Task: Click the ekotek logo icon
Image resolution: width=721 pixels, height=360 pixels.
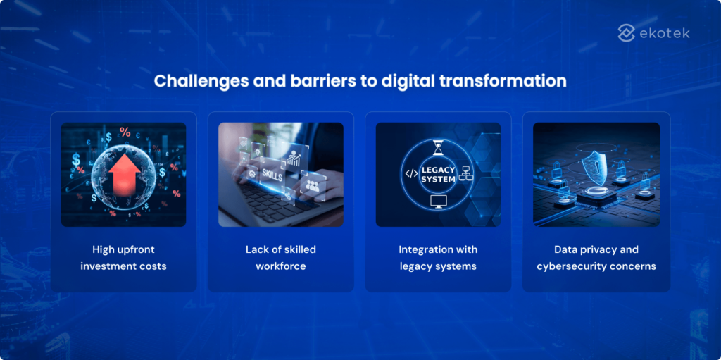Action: coord(627,32)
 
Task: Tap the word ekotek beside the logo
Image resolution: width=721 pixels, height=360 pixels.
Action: coord(665,33)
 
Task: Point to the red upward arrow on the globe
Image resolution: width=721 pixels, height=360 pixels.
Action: coord(124,174)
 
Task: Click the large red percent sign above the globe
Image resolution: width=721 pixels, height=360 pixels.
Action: coord(125,132)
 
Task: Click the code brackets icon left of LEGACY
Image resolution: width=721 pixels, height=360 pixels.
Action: coord(411,173)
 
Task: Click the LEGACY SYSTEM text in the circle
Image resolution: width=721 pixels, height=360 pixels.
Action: coord(438,174)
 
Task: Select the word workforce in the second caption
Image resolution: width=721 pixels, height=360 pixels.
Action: coord(280,266)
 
